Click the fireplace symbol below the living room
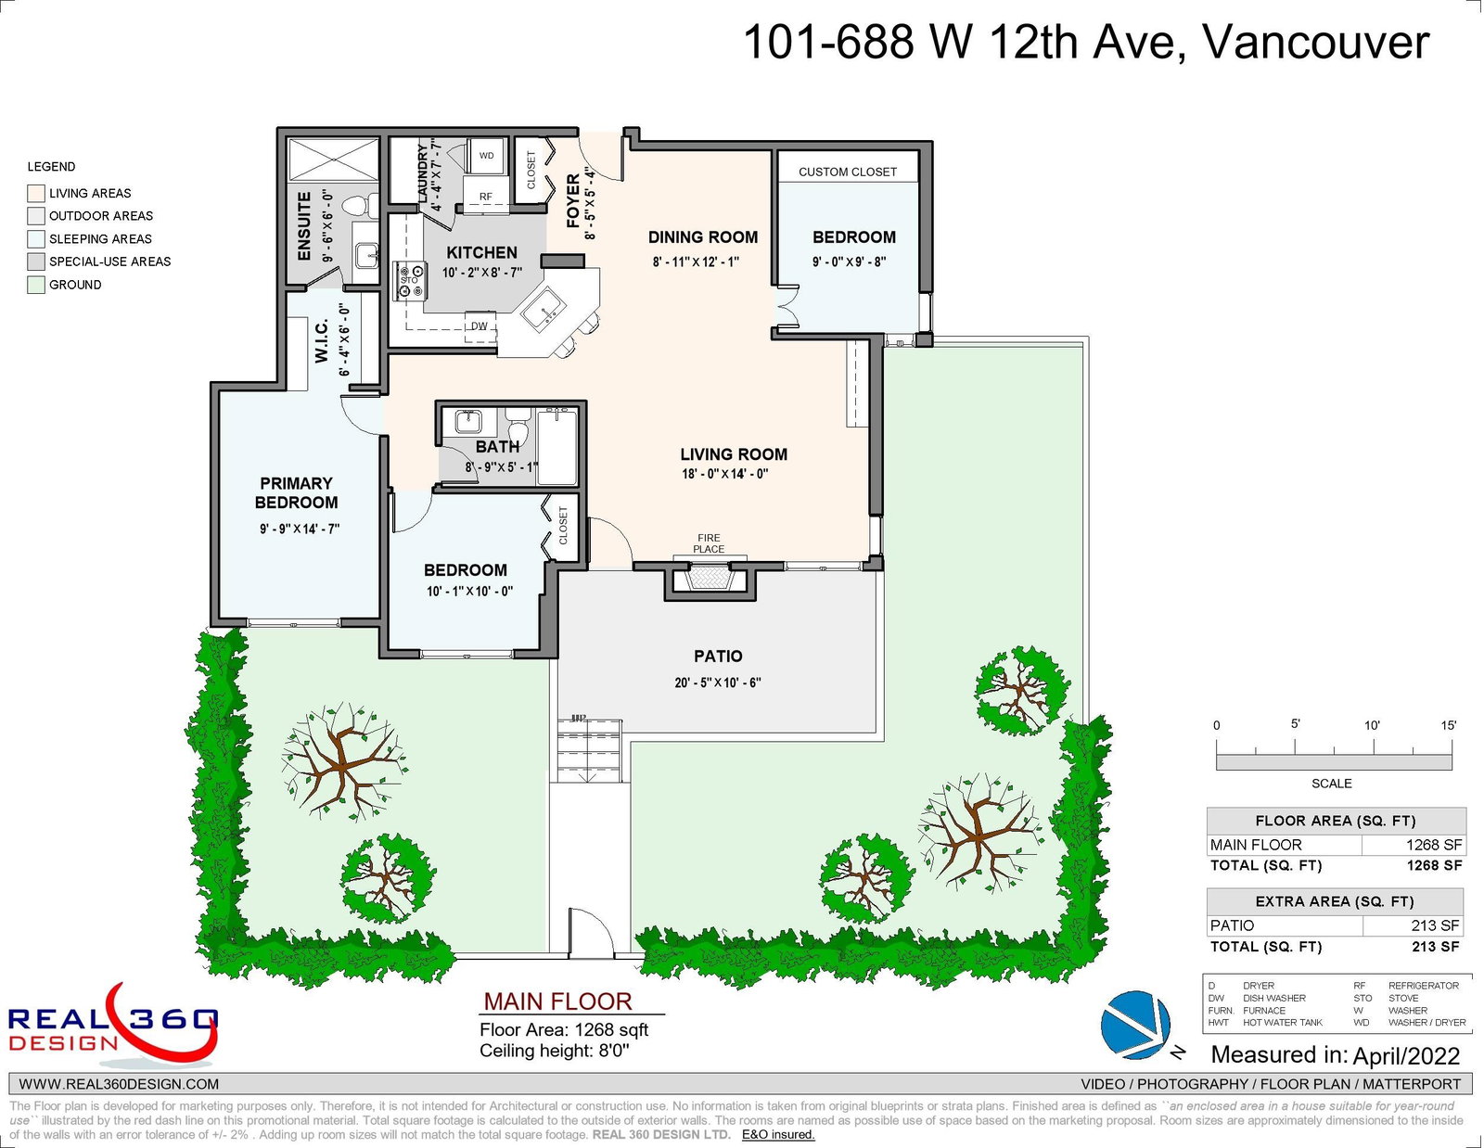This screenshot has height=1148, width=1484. click(x=710, y=580)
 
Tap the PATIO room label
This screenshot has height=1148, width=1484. click(x=718, y=657)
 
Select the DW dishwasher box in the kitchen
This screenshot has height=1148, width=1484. click(x=480, y=325)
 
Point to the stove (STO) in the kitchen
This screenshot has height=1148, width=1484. click(x=410, y=281)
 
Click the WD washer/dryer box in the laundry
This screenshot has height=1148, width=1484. click(x=486, y=156)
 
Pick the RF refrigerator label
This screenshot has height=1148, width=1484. click(x=486, y=197)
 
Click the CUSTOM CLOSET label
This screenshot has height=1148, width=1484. click(x=848, y=172)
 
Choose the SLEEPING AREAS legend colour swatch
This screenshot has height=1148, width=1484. click(x=36, y=239)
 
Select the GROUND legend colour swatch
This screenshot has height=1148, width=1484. click(x=36, y=285)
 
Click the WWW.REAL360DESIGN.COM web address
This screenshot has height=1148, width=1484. click(x=119, y=1084)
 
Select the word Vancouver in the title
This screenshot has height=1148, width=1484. click(x=1315, y=43)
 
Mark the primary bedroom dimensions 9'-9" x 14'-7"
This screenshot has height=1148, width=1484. click(x=300, y=529)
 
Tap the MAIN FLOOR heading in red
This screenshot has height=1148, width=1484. click(x=558, y=1001)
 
